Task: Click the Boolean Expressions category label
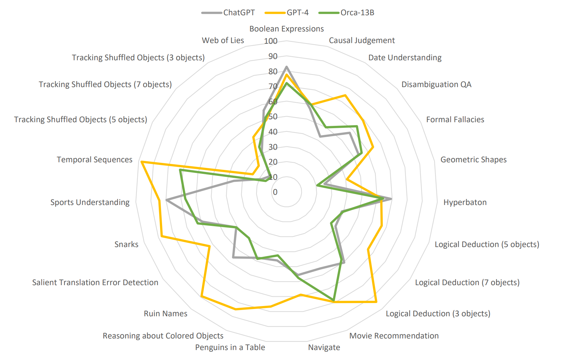[x=286, y=29]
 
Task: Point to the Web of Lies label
[x=223, y=40]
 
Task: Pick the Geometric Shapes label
[x=473, y=160]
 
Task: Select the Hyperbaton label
[x=465, y=202]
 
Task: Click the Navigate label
[x=324, y=347]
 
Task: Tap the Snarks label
[x=126, y=244]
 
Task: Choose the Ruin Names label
[x=165, y=314]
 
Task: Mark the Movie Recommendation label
[x=394, y=336]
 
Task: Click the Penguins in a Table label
[x=230, y=347]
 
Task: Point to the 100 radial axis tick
[x=271, y=41]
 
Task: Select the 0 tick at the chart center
[x=275, y=192]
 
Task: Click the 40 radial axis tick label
[x=273, y=132]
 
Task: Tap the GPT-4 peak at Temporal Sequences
[x=142, y=162]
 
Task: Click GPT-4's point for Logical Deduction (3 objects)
[x=376, y=302]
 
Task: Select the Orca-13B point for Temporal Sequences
[x=180, y=170]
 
